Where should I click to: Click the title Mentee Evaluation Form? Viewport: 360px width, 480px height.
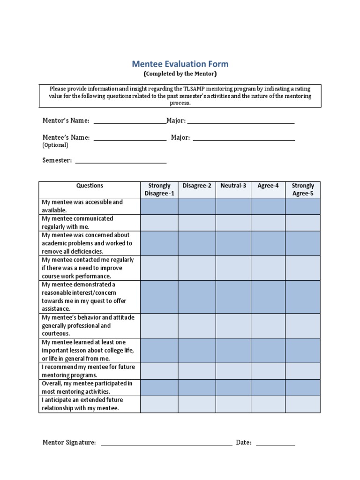click(180, 64)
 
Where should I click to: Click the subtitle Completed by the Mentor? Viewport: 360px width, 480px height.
click(180, 74)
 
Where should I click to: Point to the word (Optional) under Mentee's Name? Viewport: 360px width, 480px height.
click(55, 145)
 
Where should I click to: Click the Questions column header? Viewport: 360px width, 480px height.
click(90, 186)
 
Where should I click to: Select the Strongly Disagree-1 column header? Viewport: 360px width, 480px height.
click(159, 189)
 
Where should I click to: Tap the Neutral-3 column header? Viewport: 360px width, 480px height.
click(233, 186)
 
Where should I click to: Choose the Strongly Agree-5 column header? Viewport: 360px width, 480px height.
click(302, 189)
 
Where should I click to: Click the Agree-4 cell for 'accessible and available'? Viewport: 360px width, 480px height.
click(268, 206)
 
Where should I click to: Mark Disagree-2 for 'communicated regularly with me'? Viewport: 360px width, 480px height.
click(197, 223)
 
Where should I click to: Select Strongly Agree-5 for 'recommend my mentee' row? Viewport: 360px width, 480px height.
click(302, 371)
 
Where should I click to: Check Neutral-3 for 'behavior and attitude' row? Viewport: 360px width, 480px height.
click(233, 326)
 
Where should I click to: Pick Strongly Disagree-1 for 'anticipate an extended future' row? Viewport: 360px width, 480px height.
click(159, 404)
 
